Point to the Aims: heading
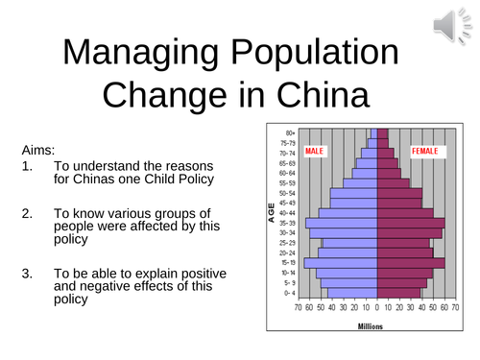[x=39, y=151]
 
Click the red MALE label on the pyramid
[x=316, y=152]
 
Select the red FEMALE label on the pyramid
[x=426, y=152]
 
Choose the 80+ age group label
[x=288, y=132]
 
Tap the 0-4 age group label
[x=288, y=294]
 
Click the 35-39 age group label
[x=288, y=223]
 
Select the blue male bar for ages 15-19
[x=341, y=262]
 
